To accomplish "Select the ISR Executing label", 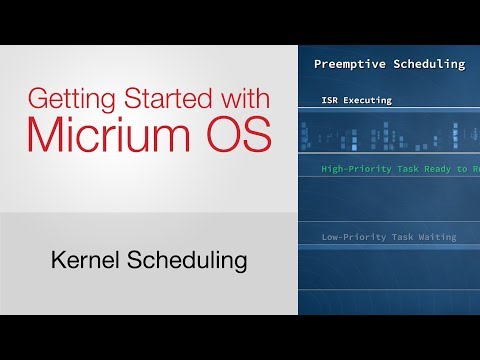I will click(x=357, y=100).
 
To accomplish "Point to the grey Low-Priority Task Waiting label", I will click(x=388, y=237).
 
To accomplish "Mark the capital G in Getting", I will click(x=35, y=100).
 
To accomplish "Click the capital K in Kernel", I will click(x=57, y=262).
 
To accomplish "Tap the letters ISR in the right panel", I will click(x=331, y=100).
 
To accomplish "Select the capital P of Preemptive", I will click(x=318, y=64).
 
